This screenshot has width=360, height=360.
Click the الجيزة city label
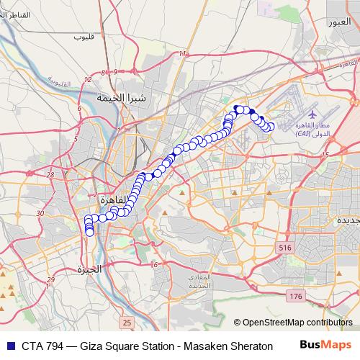tap(90, 269)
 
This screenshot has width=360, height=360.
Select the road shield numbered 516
tap(285, 248)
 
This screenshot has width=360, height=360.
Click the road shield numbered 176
tap(294, 296)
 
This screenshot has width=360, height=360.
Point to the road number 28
tap(50, 174)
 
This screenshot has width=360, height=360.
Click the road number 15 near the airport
tap(325, 155)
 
